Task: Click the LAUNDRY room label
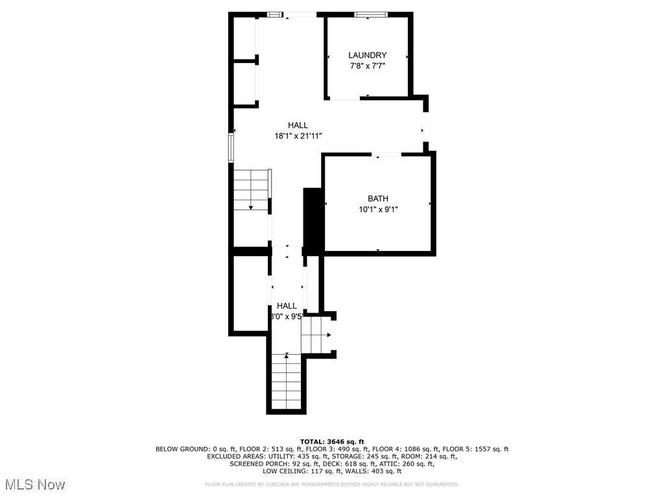coord(367,55)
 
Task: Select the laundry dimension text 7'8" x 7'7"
coord(367,66)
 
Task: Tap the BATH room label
coord(378,198)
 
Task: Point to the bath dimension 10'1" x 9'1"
coord(378,209)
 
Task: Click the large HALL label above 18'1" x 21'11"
coord(298,125)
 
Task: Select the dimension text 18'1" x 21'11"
coord(298,136)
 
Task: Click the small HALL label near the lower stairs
coord(287,305)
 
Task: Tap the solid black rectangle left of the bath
coord(313,220)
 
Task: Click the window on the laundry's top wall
coord(370,14)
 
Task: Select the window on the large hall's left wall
coord(230,147)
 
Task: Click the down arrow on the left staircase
coord(251,207)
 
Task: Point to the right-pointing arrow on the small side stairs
coord(329,335)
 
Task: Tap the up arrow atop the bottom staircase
coord(287,356)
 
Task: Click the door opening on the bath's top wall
coord(386,154)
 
